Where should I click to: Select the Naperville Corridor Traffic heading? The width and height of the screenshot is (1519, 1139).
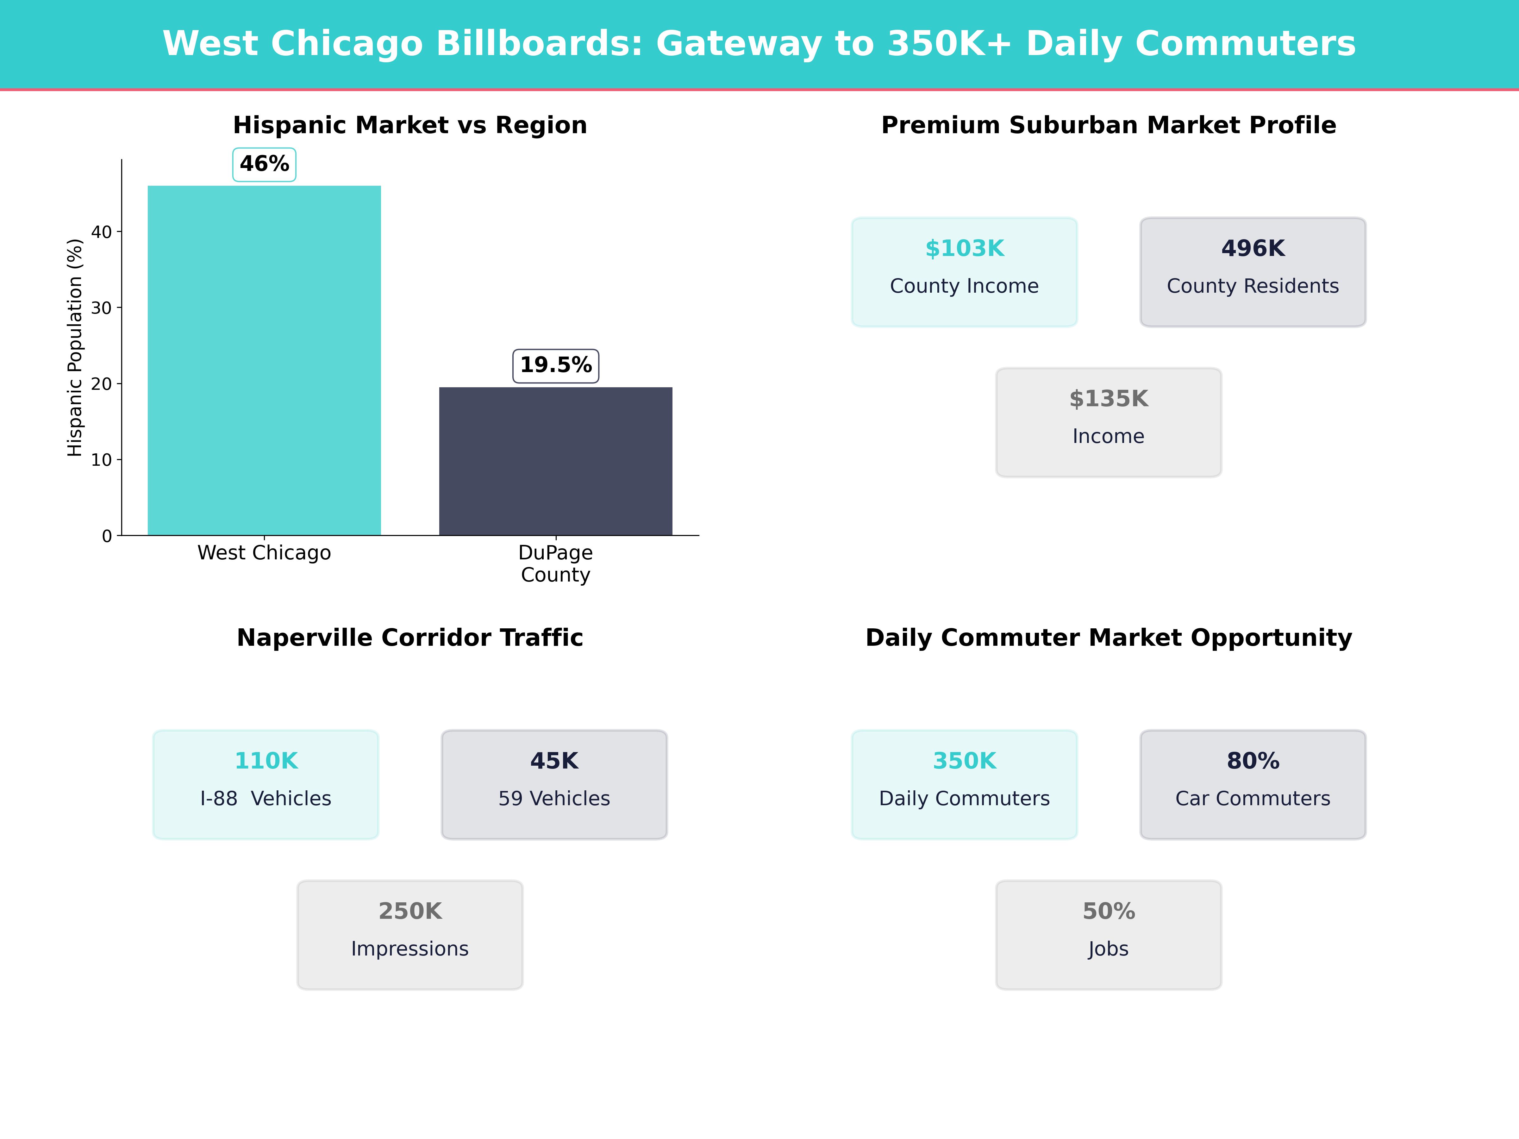410,638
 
